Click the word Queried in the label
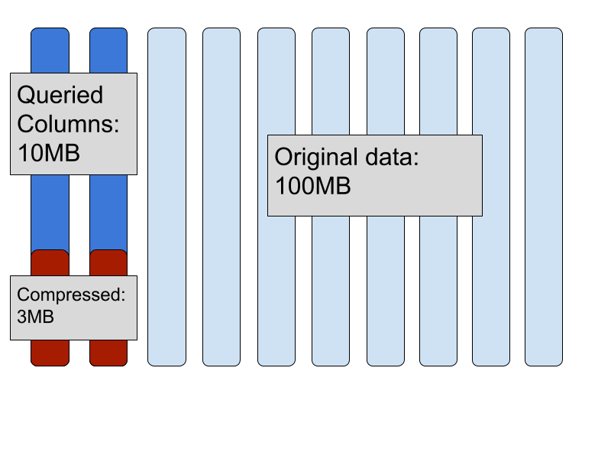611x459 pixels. (x=60, y=96)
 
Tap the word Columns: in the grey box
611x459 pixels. (x=68, y=124)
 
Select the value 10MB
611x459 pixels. (x=48, y=152)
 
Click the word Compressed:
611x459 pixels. (x=70, y=295)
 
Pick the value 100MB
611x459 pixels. (x=312, y=186)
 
